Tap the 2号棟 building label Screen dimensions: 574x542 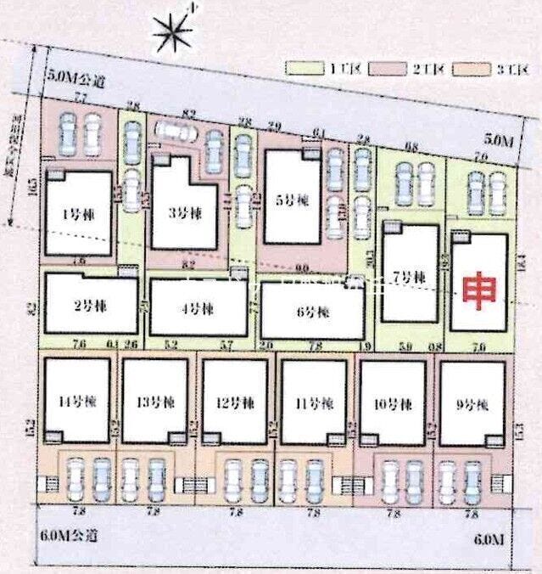tap(88, 306)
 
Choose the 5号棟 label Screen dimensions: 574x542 tap(293, 202)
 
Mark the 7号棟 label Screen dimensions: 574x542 tap(409, 277)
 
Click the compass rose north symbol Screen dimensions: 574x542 tap(172, 33)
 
